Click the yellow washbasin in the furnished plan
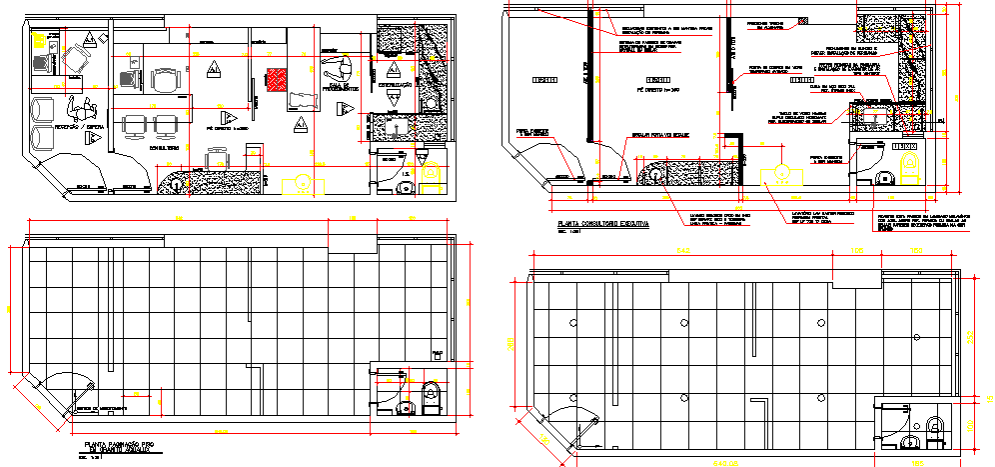(300, 186)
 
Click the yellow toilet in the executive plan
(909, 173)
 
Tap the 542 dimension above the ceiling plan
(683, 251)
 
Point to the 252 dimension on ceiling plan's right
(972, 335)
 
